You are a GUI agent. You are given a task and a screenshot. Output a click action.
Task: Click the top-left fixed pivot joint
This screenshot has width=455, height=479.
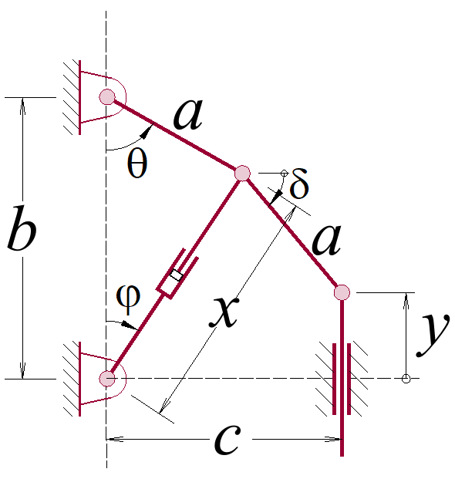pyautogui.click(x=107, y=97)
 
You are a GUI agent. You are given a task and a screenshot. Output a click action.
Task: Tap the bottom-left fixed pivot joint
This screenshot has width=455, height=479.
pyautogui.click(x=107, y=379)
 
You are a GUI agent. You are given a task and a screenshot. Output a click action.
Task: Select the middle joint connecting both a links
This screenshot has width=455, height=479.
pyautogui.click(x=243, y=174)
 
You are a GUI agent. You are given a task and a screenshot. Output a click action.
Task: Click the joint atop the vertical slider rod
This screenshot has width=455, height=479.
pyautogui.click(x=342, y=292)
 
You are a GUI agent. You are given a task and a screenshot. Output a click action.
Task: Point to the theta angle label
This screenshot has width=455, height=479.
pyautogui.click(x=137, y=164)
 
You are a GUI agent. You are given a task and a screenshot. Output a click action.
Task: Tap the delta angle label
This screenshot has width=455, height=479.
pyautogui.click(x=299, y=184)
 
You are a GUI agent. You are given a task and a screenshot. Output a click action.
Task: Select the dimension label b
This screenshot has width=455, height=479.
pyautogui.click(x=22, y=228)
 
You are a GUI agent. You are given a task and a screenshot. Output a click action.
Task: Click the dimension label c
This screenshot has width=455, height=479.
pyautogui.click(x=228, y=439)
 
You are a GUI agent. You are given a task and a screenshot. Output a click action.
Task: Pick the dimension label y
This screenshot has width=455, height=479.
pyautogui.click(x=433, y=335)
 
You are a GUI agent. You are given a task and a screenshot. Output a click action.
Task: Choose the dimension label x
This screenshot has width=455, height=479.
pyautogui.click(x=224, y=312)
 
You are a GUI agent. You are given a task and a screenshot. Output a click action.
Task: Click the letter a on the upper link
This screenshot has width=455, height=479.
pyautogui.click(x=188, y=114)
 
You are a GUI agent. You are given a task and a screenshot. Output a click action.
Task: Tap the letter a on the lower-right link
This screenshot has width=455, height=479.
pyautogui.click(x=326, y=240)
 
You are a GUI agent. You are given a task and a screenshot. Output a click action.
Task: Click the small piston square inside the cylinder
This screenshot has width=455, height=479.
pyautogui.click(x=177, y=275)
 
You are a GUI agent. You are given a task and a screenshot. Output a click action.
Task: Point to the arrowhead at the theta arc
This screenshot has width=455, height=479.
pyautogui.click(x=147, y=132)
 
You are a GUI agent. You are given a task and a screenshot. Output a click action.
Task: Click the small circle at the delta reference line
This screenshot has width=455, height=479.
pyautogui.click(x=284, y=174)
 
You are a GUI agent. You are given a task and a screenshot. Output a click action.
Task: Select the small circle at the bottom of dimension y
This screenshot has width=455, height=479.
pyautogui.click(x=406, y=379)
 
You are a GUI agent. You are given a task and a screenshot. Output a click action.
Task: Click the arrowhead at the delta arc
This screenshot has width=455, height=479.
pyautogui.click(x=277, y=197)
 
